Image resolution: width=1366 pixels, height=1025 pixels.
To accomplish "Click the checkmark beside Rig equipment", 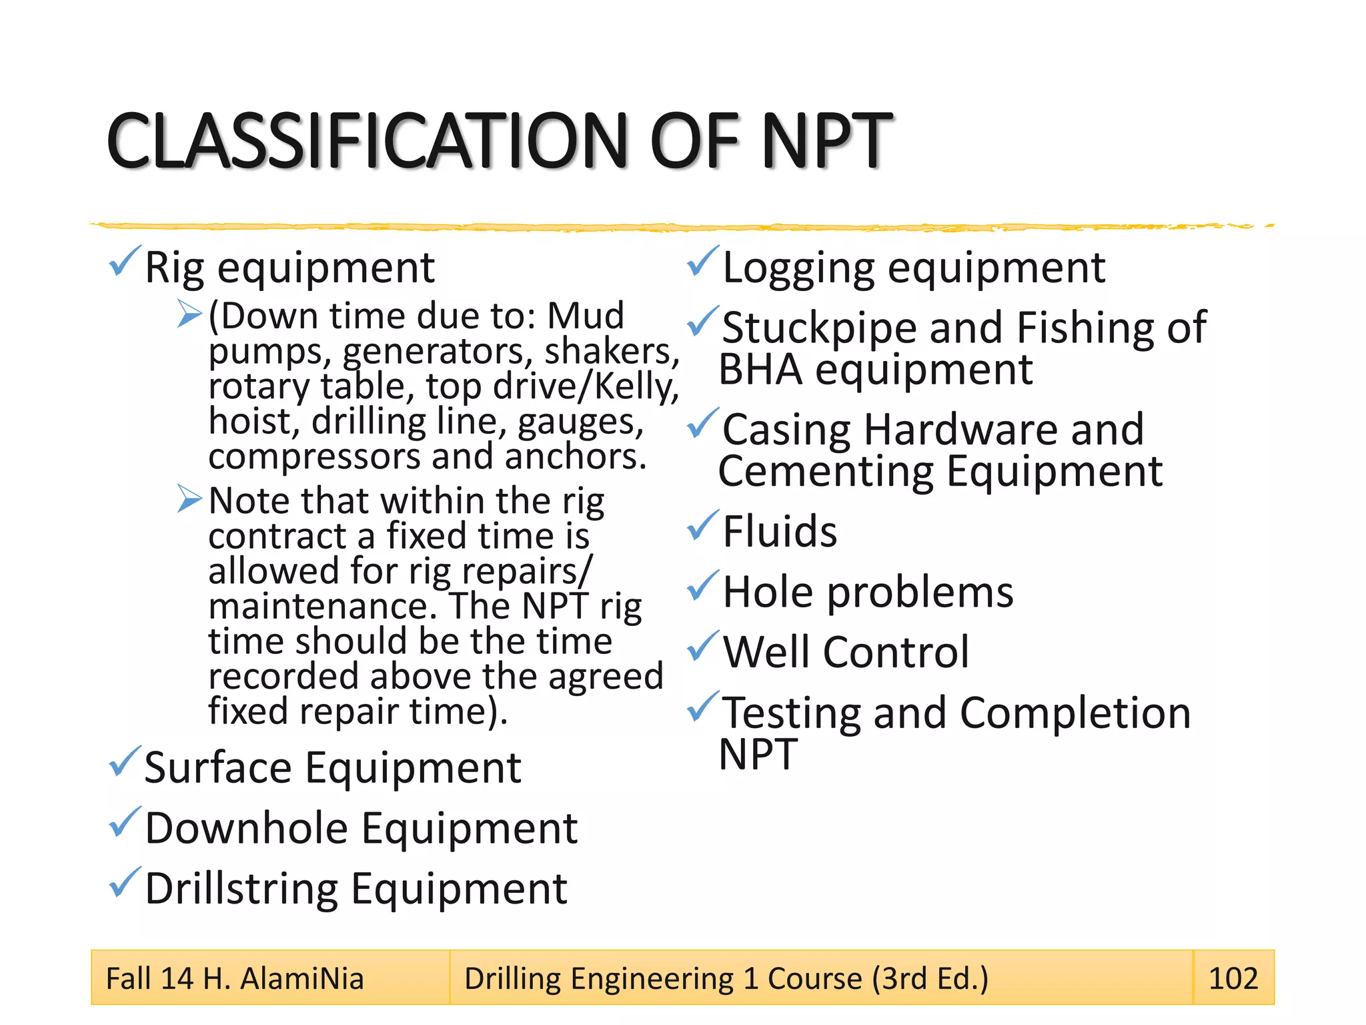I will point(125,261).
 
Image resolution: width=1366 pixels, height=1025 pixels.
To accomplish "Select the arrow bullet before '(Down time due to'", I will point(189,314).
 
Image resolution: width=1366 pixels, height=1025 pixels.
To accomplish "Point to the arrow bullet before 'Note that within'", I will point(189,498).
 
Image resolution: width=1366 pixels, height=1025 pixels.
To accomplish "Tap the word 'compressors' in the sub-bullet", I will point(314,457).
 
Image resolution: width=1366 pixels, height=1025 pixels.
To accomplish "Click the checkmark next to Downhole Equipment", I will point(125,822).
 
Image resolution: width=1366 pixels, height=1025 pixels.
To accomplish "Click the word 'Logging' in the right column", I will point(798,268).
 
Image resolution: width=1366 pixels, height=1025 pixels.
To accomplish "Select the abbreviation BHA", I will point(760,370).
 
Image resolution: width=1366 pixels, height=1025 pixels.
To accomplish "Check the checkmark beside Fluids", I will point(703,525).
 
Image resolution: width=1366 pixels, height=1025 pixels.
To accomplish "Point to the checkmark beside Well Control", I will point(703,646).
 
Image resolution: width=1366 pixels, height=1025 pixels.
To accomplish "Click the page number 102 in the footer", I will point(1233,978).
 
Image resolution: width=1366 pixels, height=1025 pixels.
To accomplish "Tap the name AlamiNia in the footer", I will point(301,979).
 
